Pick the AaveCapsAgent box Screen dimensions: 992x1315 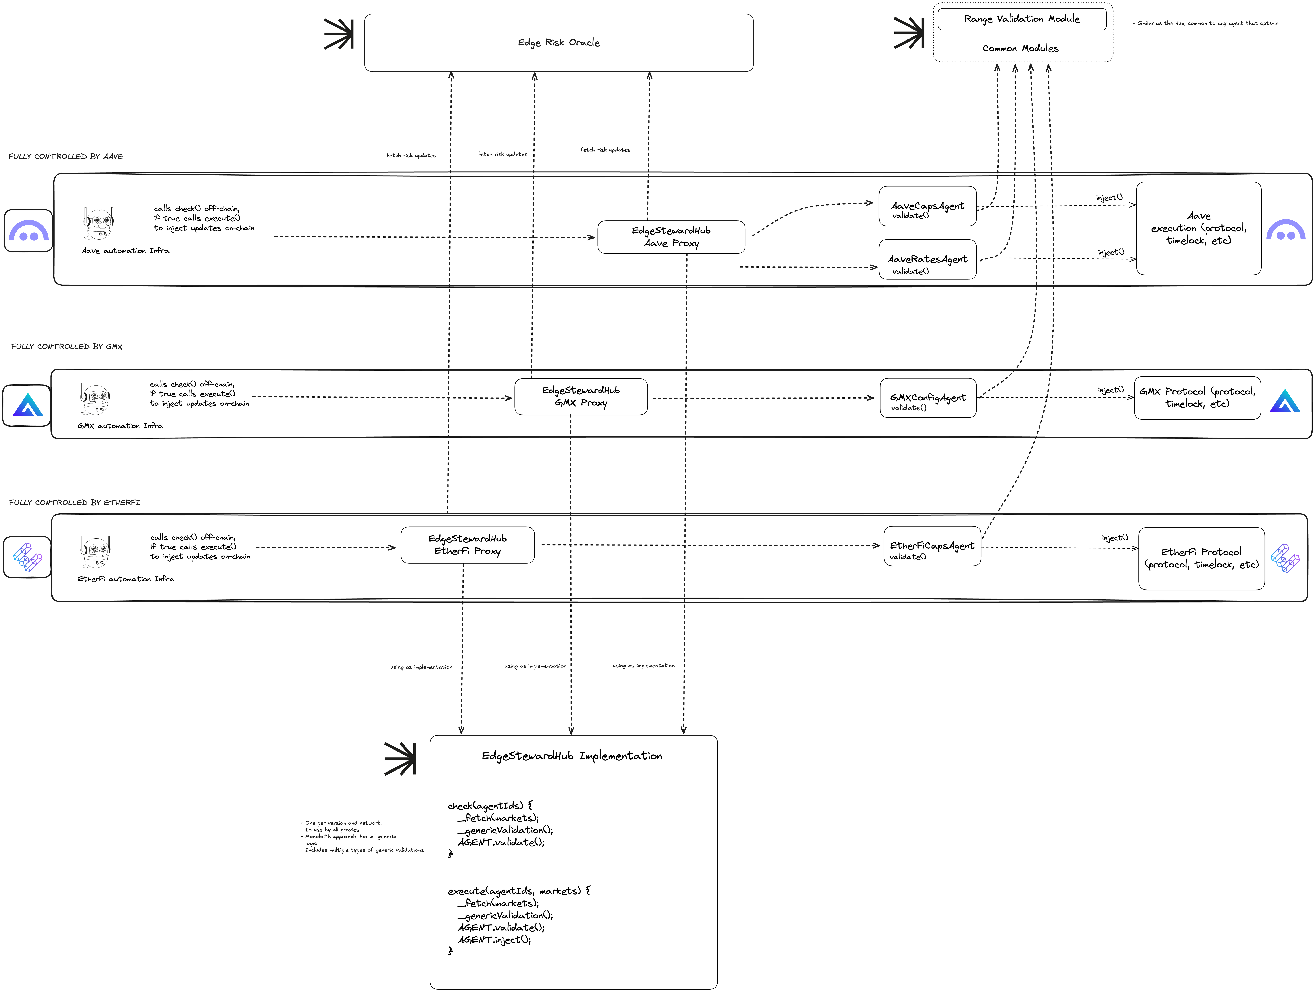(x=927, y=206)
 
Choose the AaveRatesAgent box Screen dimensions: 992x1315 (x=927, y=260)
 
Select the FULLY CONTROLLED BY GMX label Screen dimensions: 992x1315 (x=67, y=346)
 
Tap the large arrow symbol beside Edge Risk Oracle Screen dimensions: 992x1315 (x=339, y=34)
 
